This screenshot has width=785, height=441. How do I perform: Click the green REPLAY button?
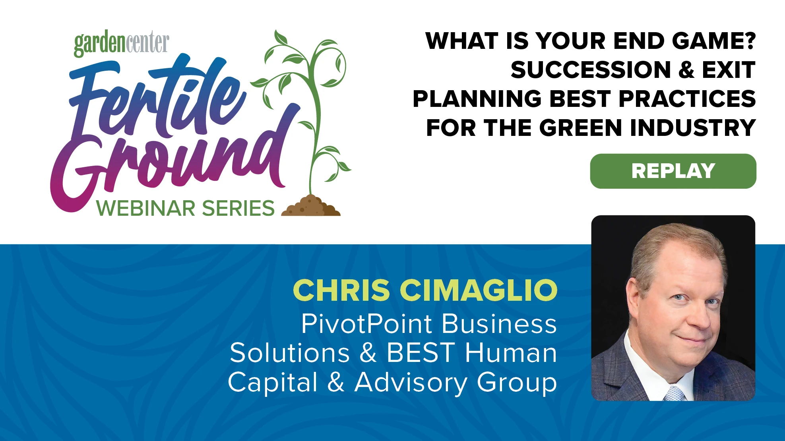tap(673, 171)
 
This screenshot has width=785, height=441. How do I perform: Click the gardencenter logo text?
tap(121, 44)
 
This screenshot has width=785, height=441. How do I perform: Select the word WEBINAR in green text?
tap(145, 209)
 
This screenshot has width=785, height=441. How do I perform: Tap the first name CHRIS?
tap(341, 290)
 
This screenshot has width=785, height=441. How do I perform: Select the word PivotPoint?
tap(366, 324)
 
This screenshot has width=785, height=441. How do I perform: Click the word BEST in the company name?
tap(421, 353)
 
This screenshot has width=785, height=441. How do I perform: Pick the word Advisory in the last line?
tap(411, 382)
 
